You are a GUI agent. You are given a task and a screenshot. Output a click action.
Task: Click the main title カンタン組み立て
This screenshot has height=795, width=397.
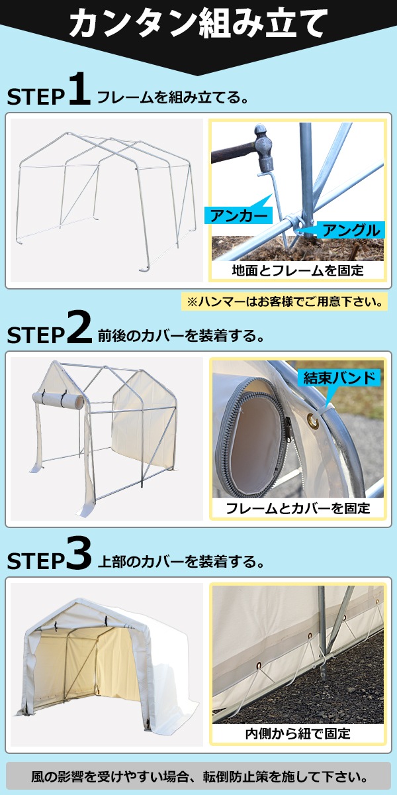198,24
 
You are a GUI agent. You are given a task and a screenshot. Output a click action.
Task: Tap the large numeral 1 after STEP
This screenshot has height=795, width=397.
80,89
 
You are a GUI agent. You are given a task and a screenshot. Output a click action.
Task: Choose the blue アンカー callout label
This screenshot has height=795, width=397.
238,216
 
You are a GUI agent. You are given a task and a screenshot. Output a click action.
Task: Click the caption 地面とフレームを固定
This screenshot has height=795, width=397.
298,270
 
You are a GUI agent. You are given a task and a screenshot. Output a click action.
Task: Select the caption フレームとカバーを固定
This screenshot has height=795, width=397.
298,509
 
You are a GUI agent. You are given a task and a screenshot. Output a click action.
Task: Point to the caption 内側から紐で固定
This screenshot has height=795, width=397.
298,733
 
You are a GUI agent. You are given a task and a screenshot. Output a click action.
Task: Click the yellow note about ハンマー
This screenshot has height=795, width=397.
285,301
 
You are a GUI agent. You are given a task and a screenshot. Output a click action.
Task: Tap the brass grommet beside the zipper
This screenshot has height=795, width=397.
312,421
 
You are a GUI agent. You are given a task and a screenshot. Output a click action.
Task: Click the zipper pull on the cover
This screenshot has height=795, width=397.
288,429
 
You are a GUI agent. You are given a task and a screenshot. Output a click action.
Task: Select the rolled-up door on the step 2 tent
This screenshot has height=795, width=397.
58,399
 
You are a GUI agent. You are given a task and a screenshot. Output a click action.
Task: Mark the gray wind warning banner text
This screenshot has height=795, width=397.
198,776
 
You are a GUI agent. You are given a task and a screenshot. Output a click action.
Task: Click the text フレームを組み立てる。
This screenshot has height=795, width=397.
173,97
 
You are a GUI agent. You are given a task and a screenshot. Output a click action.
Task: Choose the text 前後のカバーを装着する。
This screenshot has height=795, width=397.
181,335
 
